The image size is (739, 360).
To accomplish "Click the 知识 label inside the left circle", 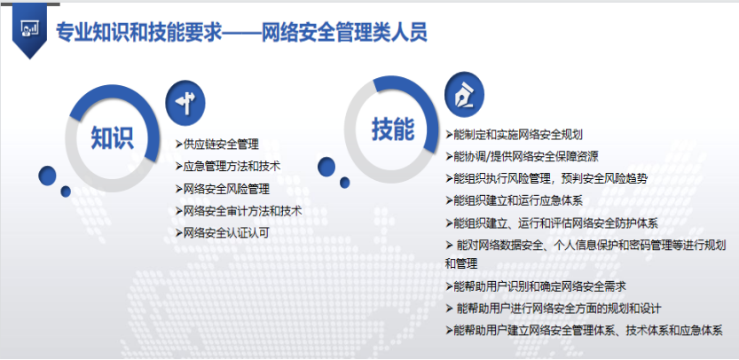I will point(112,137).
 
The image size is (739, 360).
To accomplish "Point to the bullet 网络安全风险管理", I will point(226,188).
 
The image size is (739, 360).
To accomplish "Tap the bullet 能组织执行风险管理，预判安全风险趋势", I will point(550,177).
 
